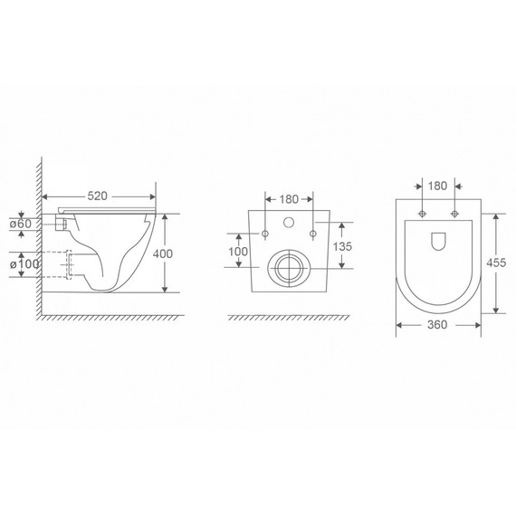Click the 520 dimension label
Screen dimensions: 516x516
tap(98, 196)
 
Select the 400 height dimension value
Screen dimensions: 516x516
tap(163, 253)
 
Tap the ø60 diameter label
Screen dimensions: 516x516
tap(21, 224)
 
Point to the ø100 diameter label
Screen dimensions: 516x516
tap(24, 264)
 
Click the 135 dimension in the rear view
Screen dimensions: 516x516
tap(342, 246)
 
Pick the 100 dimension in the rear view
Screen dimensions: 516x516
tap(238, 252)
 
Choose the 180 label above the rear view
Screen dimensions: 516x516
tap(289, 199)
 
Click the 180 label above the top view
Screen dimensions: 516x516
tap(437, 186)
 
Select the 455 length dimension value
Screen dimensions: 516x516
tap(496, 263)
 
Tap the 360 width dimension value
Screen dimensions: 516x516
tap(437, 325)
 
